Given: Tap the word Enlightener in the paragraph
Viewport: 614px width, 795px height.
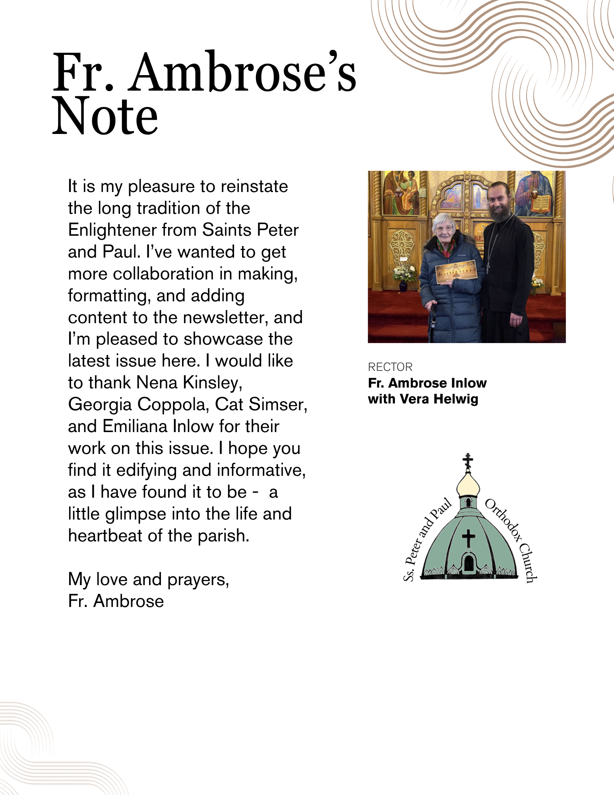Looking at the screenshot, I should click(112, 230).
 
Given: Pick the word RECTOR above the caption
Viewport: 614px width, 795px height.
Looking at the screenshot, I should click(390, 367).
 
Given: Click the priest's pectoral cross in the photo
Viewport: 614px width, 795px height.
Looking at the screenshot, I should click(487, 269).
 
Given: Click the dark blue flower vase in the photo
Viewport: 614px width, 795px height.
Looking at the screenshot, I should click(403, 286).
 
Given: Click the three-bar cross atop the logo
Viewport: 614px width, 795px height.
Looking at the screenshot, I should click(468, 461).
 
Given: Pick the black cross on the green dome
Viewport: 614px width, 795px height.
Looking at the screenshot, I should click(469, 539).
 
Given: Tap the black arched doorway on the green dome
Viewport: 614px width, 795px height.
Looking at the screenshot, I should click(469, 563).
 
